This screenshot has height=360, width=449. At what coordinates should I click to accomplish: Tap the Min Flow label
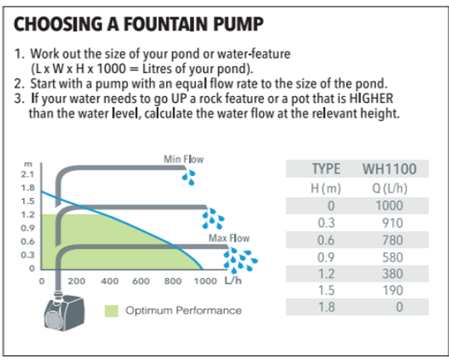(183, 159)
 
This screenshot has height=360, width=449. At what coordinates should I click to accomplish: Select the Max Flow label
(229, 238)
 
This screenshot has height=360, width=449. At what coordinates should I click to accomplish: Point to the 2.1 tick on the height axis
(27, 174)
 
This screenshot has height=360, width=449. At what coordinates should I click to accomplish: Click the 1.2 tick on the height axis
(27, 215)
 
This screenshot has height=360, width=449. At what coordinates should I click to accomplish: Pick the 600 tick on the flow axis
(141, 281)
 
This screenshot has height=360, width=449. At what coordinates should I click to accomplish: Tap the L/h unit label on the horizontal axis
(233, 280)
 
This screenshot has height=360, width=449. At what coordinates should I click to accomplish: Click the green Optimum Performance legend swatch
(111, 311)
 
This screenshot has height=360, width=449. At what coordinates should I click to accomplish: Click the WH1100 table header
(389, 169)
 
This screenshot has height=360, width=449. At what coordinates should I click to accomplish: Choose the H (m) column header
(326, 188)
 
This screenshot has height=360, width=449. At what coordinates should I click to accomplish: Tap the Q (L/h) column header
(390, 188)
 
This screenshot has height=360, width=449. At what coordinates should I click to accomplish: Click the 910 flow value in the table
(393, 223)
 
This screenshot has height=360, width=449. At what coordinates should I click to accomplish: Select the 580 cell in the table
(393, 257)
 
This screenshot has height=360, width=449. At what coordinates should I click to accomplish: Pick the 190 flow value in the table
(393, 290)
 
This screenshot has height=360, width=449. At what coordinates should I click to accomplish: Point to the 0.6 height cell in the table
(326, 240)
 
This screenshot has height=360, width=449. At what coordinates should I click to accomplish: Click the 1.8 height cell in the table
(326, 307)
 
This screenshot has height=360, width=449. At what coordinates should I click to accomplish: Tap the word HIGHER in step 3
(371, 98)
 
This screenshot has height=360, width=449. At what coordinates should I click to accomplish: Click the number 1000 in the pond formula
(111, 69)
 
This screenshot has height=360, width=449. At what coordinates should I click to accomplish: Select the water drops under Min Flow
(188, 178)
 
